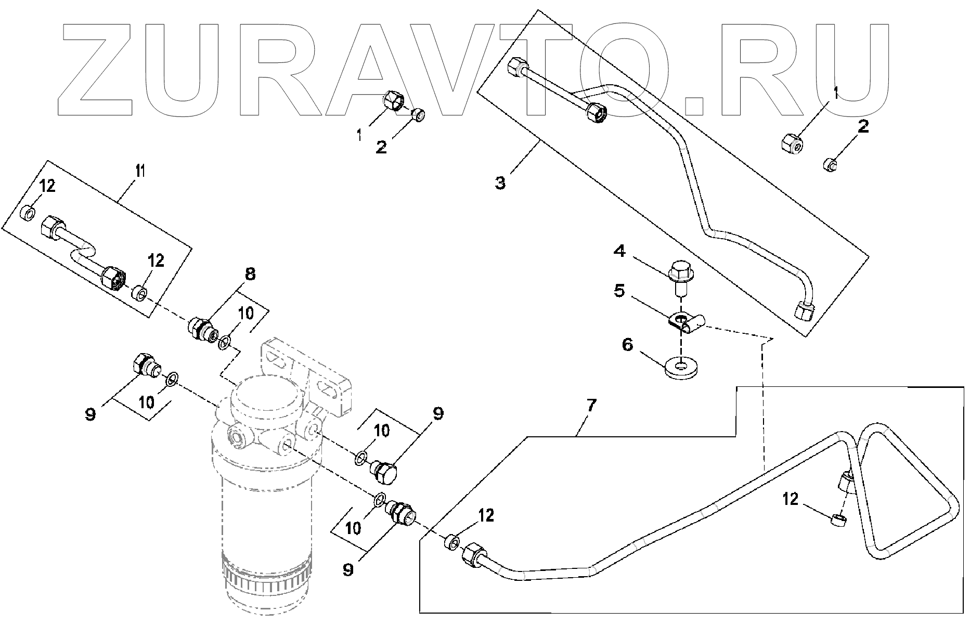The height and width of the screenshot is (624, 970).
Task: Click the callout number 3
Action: (500, 183)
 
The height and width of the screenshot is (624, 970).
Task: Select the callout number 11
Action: (140, 170)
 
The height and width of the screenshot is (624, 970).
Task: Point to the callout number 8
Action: (250, 274)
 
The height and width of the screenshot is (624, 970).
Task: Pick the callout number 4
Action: (619, 251)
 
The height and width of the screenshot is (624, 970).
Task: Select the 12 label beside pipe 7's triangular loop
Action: (790, 500)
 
